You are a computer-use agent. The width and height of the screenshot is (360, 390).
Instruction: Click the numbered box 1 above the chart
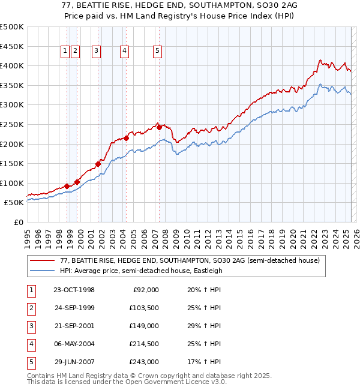65,52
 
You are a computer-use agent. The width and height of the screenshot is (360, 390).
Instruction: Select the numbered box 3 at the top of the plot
96,52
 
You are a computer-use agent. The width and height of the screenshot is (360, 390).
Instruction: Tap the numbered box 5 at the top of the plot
157,52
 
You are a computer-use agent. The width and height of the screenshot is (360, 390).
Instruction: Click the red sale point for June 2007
159,127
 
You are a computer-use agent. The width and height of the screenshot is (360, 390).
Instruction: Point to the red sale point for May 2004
126,139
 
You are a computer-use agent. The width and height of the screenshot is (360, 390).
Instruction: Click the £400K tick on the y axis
12,65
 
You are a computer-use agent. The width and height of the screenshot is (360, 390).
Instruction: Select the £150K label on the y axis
12,163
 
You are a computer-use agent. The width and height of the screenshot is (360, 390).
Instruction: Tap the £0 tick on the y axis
17,222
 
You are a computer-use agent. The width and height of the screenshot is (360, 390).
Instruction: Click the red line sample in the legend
43,260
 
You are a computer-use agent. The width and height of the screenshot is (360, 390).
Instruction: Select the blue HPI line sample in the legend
43,271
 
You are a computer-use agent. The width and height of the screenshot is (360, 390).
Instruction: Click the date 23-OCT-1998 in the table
74,290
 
